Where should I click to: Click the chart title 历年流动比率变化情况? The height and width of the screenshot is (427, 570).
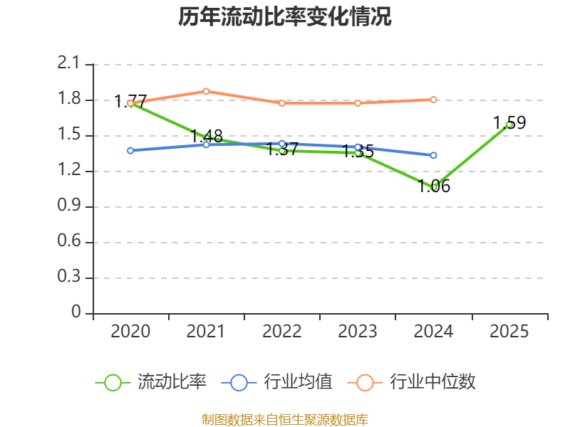pos(284,16)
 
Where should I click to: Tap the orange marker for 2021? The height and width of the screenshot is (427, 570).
pos(206,91)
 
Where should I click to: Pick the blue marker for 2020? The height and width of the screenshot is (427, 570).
pos(130,151)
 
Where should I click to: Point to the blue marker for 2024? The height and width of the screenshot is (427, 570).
pos(434,155)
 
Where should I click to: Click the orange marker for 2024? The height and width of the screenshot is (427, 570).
pos(434,100)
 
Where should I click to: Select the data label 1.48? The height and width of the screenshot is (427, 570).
pos(207,136)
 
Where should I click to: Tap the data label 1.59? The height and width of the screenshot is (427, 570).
pos(509,122)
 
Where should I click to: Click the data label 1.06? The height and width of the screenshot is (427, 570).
pos(434,186)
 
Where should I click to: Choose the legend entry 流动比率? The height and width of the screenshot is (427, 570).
pos(151,382)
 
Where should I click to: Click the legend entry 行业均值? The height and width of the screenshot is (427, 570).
pos(277,382)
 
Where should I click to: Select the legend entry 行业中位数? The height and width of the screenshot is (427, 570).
pos(412,382)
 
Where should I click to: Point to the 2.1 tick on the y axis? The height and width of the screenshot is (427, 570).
pos(68,63)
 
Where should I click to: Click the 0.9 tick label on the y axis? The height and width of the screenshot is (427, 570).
pos(68,206)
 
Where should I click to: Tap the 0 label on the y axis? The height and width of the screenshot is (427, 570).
pos(76,312)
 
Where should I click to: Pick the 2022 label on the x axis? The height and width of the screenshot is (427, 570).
pos(281,332)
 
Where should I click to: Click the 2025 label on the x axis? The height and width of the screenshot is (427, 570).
pos(509,332)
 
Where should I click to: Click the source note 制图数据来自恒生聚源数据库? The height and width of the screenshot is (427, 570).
pos(284,420)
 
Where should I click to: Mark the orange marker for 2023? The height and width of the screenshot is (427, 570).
pos(358,103)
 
